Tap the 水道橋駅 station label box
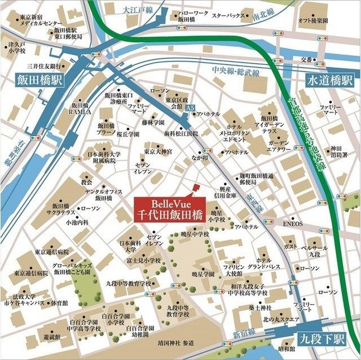click(329, 80)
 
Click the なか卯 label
click(200, 159)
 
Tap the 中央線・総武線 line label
click(235, 72)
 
